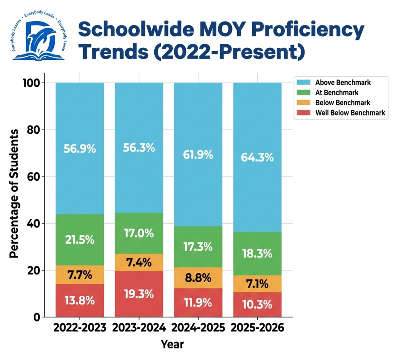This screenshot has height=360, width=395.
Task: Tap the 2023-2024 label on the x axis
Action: [x=139, y=328]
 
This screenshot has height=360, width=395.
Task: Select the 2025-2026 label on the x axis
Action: [x=257, y=328]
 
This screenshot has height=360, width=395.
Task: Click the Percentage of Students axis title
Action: [x=14, y=193]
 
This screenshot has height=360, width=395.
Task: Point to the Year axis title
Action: [x=172, y=344]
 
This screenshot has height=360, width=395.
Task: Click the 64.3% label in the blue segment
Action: [x=257, y=158]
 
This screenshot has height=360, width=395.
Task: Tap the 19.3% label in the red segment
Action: [x=139, y=294]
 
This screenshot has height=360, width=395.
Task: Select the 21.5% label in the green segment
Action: [x=79, y=239]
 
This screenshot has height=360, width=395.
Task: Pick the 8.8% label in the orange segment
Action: [x=198, y=278]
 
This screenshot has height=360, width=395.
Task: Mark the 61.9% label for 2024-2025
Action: [x=198, y=155]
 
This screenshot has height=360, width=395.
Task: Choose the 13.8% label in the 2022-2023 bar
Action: [x=79, y=301]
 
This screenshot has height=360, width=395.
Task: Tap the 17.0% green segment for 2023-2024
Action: [x=139, y=233]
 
